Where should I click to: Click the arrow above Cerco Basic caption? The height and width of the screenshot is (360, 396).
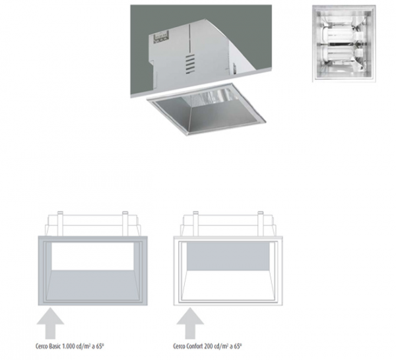pos(50,323)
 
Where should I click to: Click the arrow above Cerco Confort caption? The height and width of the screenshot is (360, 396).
pos(190,323)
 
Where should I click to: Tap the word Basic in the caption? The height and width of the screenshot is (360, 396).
pos(55,346)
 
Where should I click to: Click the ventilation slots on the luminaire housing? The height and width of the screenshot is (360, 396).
pos(191,64)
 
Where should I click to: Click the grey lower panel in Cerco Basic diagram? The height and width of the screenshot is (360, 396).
pos(92,285)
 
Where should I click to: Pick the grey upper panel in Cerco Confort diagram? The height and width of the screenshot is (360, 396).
pos(228,256)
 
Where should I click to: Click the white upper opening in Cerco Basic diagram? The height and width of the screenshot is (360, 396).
pos(92,256)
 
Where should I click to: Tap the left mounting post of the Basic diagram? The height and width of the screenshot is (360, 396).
pos(60,224)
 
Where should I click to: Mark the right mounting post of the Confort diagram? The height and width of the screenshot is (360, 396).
pos(260,224)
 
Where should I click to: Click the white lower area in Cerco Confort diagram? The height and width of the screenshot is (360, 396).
pos(228,285)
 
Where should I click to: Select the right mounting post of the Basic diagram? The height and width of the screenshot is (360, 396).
pos(125,224)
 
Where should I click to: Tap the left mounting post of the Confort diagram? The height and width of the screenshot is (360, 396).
pos(195,224)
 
